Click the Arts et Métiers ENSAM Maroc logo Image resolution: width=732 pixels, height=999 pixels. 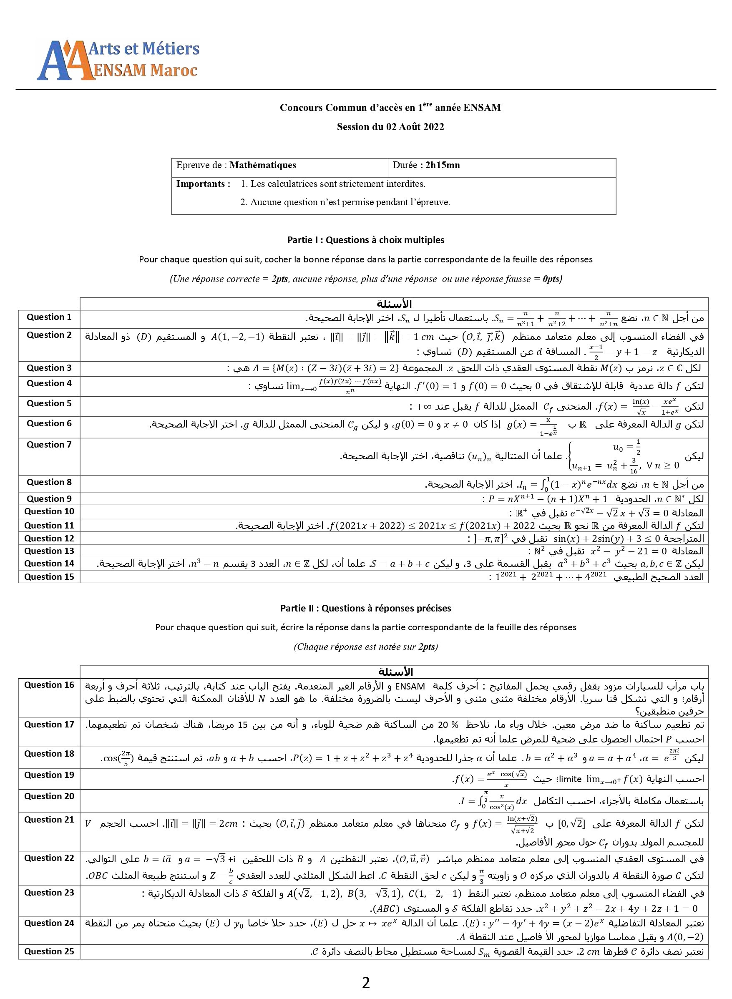(x=118, y=60)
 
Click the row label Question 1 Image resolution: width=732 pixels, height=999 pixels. (x=49, y=317)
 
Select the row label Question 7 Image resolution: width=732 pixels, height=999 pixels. (x=49, y=444)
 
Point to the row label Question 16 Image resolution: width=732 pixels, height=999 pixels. (x=49, y=685)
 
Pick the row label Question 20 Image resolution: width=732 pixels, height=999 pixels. (x=49, y=796)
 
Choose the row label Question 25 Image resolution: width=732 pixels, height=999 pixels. (x=49, y=951)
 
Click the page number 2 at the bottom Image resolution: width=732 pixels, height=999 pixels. (x=365, y=983)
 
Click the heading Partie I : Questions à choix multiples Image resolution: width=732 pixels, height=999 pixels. (x=365, y=240)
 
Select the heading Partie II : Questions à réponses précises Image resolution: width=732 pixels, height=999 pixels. (x=365, y=608)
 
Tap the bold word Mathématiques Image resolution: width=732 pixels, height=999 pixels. (x=263, y=165)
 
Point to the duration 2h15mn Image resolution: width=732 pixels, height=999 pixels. (x=442, y=165)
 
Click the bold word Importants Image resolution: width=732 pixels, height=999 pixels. (x=202, y=184)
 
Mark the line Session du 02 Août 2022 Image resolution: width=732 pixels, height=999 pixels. (x=390, y=127)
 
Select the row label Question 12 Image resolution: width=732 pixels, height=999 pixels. (x=49, y=538)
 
